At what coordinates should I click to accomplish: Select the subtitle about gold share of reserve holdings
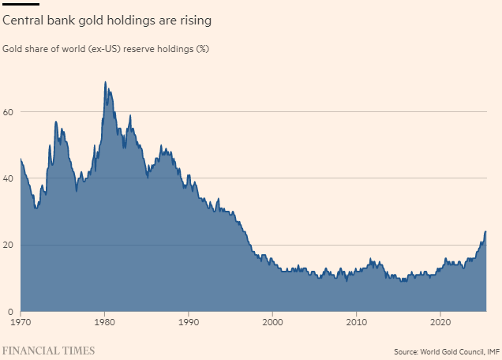click(107, 49)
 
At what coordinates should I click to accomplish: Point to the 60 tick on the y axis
click(9, 112)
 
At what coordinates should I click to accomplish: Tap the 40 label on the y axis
click(9, 178)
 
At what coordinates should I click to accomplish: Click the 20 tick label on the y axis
click(9, 245)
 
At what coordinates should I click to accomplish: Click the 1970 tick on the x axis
click(21, 322)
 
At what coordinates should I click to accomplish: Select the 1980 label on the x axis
click(105, 322)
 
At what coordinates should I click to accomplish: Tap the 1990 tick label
click(189, 322)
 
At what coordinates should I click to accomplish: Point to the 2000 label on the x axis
click(273, 322)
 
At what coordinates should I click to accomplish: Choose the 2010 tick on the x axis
click(357, 322)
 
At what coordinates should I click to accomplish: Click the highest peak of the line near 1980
click(105, 82)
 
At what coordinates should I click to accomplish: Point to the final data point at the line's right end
click(485, 232)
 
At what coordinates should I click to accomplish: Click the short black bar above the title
click(21, 3)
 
